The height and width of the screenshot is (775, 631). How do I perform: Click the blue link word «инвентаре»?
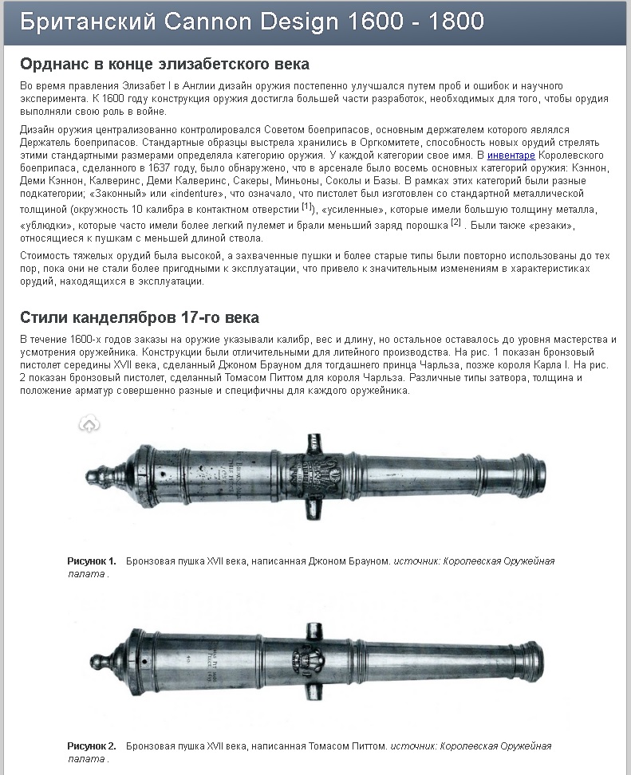pos(511,155)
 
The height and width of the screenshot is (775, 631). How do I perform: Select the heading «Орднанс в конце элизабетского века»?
pos(164,64)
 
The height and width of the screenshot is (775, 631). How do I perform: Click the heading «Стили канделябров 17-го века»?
pos(140,317)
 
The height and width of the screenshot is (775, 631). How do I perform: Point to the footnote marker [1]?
pos(306,207)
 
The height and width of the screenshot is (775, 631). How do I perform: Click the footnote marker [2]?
pos(456,222)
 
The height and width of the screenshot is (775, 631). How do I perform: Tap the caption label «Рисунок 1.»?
pos(92,561)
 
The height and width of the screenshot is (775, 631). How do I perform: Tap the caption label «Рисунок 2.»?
pos(92,746)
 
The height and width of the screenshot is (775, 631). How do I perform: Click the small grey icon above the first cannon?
pos(89,425)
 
